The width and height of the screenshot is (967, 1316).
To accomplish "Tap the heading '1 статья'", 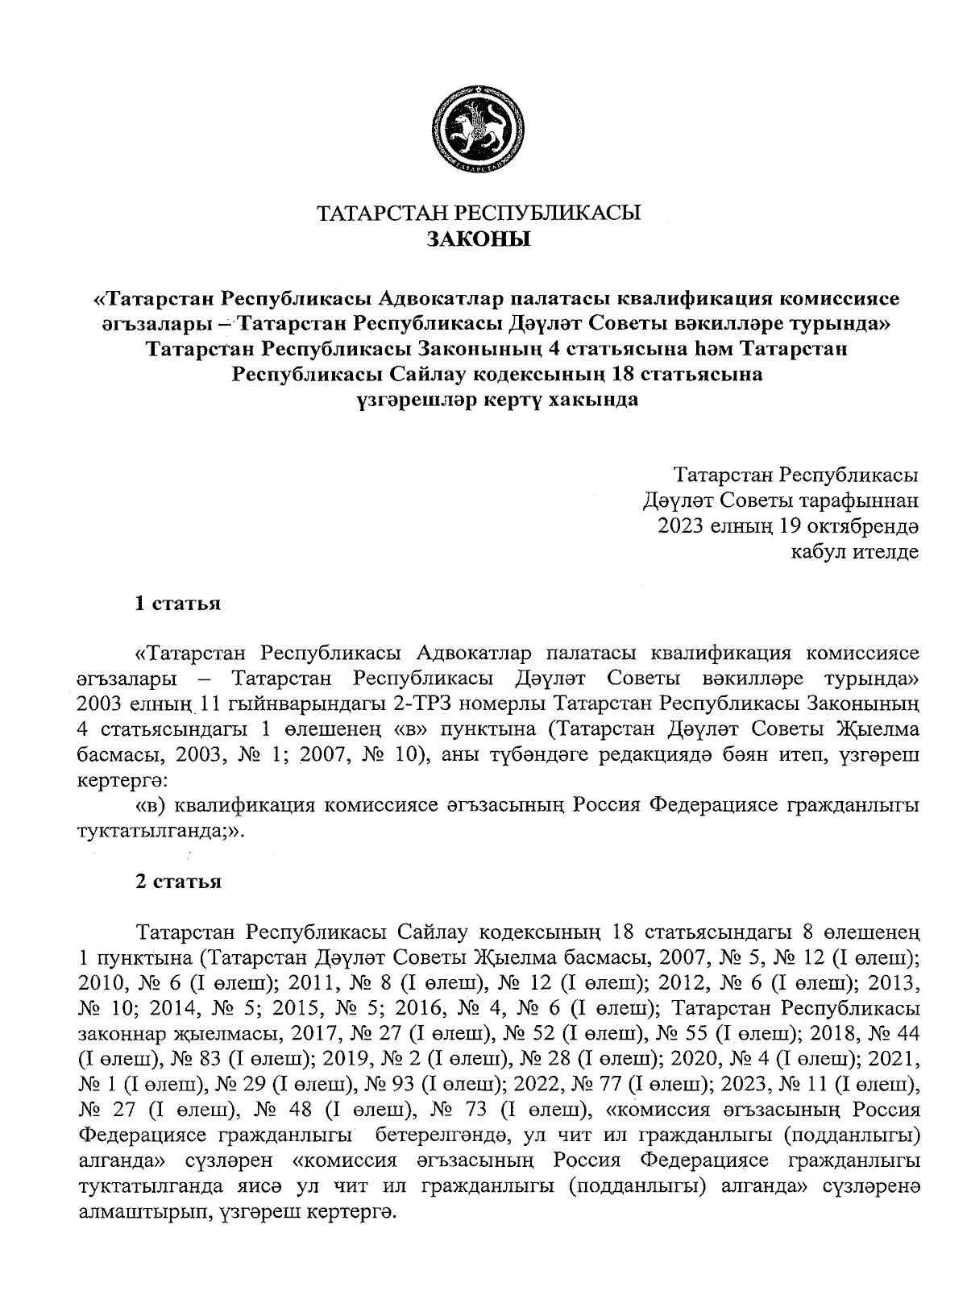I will click(177, 604).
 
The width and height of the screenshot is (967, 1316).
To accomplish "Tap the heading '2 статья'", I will click(177, 882).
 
